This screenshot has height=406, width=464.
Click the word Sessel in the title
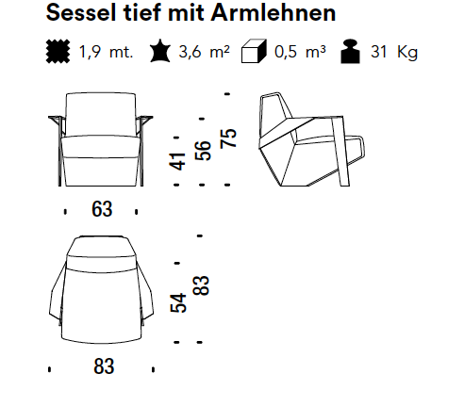(81, 13)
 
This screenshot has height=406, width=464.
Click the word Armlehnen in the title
(273, 13)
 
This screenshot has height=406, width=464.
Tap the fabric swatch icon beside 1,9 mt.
(58, 51)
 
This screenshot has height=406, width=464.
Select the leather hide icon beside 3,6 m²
(160, 51)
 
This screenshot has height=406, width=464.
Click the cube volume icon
(254, 51)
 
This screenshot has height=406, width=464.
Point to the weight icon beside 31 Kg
(351, 52)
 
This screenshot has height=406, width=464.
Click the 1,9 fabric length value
(90, 52)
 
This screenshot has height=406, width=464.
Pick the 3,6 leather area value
(190, 52)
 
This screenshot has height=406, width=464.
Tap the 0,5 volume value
(286, 52)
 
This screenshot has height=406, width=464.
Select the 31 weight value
(378, 52)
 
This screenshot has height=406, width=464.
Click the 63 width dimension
(102, 209)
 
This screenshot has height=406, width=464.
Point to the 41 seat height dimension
(177, 161)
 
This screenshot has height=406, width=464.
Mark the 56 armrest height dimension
(203, 151)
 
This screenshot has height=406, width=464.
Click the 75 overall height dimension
(228, 138)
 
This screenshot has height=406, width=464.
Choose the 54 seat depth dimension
(178, 302)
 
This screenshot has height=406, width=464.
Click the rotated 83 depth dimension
(201, 285)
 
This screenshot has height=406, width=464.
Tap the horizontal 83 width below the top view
(104, 366)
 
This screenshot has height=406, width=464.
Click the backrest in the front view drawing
(101, 115)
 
